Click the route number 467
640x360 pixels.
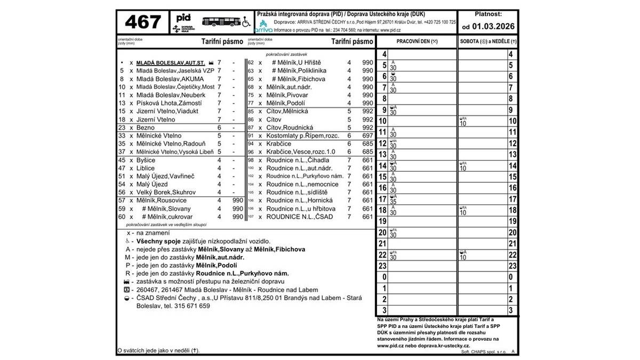pos(143,23)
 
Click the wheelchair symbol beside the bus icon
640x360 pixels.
pos(247,22)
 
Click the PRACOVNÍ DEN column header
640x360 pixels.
pos(417,41)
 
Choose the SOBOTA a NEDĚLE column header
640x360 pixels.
pos(488,41)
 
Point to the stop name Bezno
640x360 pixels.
pos(146,128)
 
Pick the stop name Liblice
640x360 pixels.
pos(146,168)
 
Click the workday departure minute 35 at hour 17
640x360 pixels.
pos(393,202)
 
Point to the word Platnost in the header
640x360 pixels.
pos(487,14)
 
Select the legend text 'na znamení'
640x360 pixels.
pos(154,233)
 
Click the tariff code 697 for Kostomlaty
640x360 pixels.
pos(367,136)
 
